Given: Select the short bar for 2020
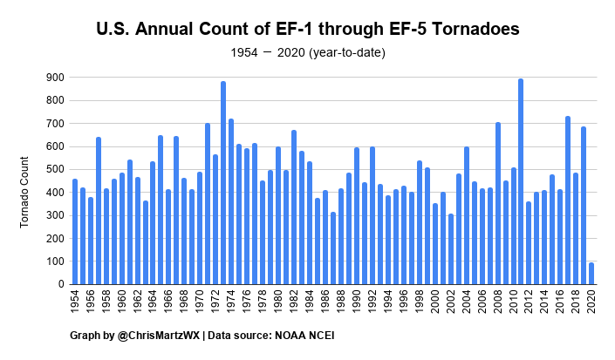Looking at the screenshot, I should (591, 274).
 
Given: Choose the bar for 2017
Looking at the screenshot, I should (567, 200).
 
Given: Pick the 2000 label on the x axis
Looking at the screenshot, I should (435, 309).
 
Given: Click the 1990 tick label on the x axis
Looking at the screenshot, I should (357, 309).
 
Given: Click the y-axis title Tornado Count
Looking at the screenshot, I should (26, 180).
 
